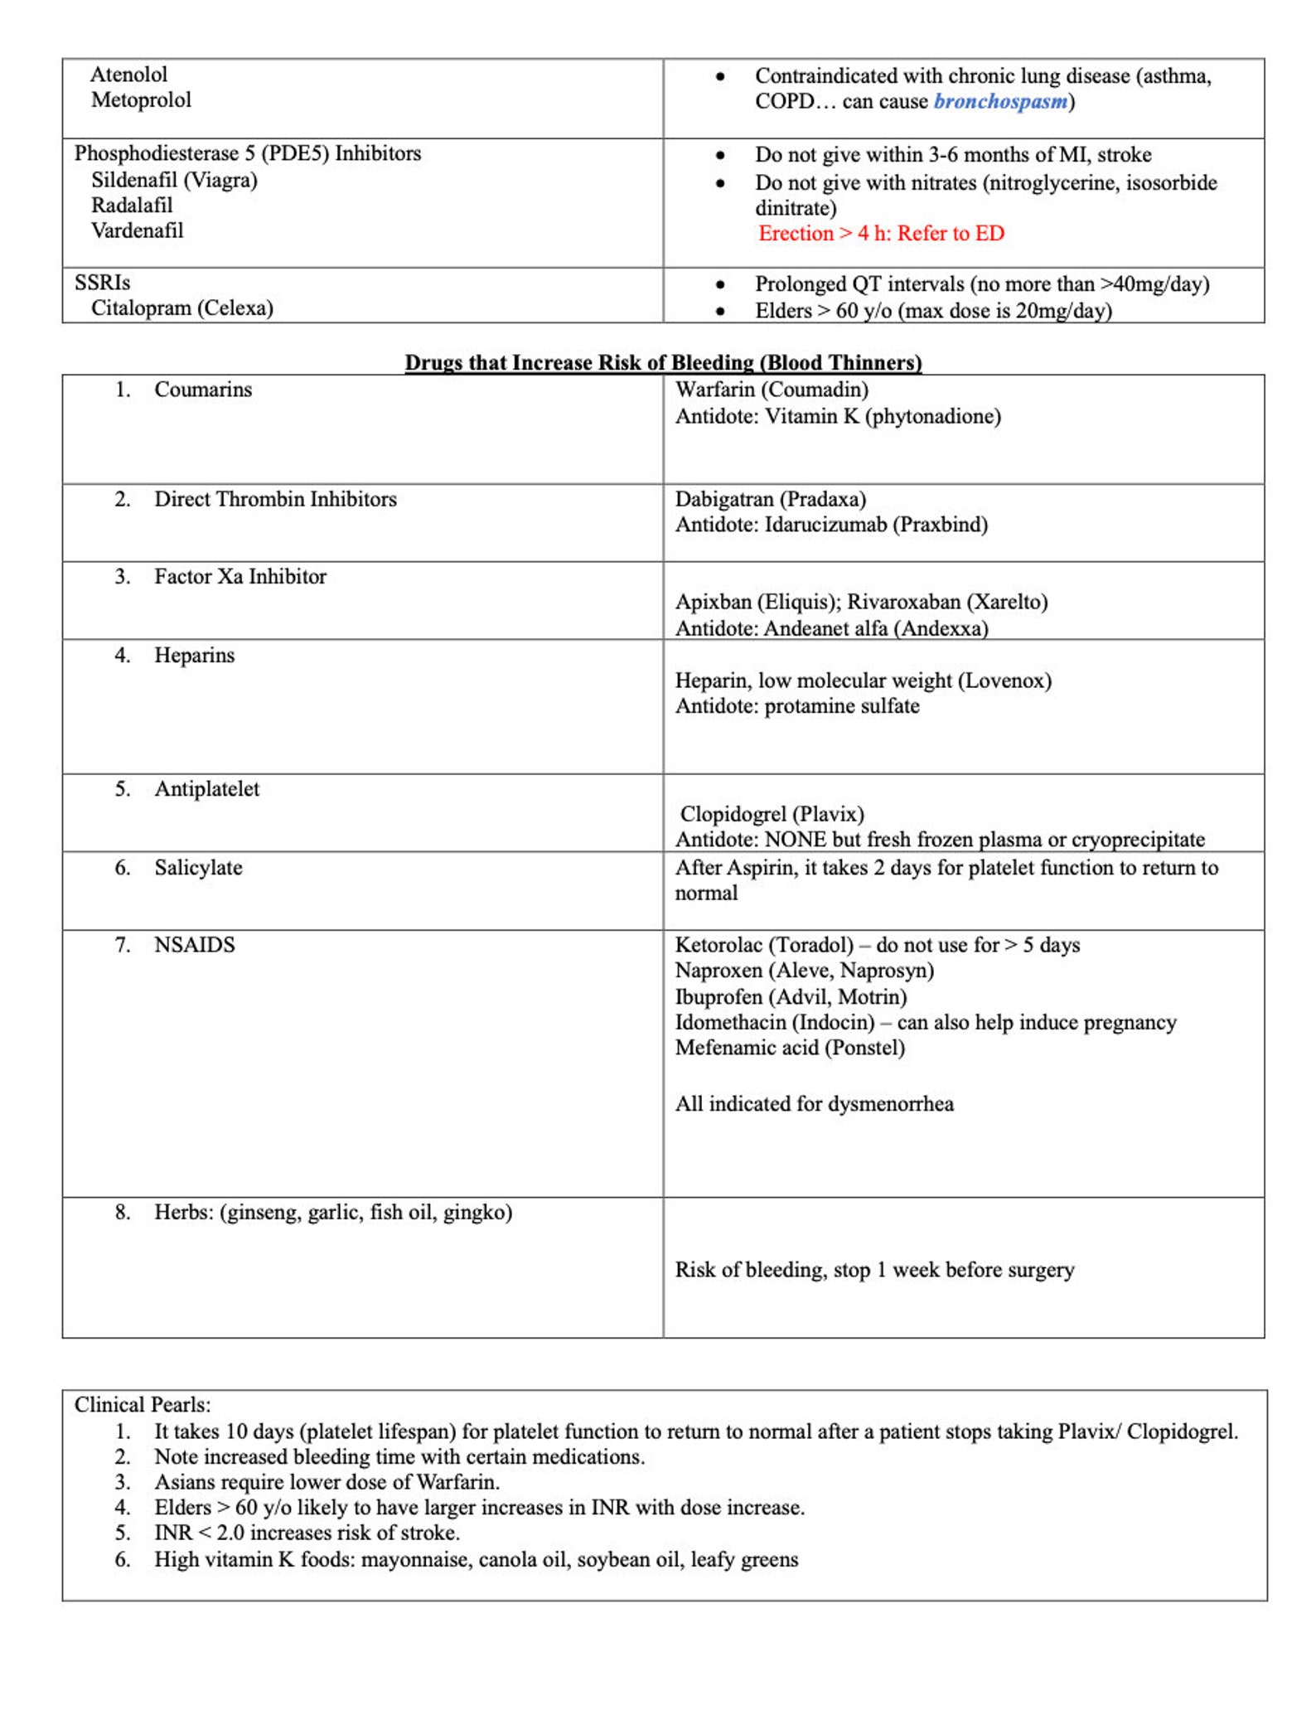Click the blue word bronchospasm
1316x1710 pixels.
coord(1000,101)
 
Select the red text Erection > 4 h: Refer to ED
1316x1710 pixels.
coord(881,233)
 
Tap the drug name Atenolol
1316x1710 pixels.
coord(128,75)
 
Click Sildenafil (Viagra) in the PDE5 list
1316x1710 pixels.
coord(174,179)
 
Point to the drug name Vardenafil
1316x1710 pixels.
coord(137,230)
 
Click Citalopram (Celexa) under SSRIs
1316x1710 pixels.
coord(181,308)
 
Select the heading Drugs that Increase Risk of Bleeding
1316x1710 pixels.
coord(663,362)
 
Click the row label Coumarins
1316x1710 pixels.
coord(203,390)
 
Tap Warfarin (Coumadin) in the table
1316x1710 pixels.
coord(772,390)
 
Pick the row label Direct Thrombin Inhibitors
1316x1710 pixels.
coord(275,499)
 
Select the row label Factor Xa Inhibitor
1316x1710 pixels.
coord(240,576)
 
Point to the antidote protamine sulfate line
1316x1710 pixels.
coord(797,706)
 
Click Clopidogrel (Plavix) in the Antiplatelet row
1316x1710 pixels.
coord(772,814)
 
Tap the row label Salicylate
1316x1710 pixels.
coord(198,868)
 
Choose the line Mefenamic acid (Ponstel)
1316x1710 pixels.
coord(790,1048)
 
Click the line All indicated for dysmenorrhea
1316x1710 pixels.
coord(814,1104)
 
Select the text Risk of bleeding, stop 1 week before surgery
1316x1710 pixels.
coord(874,1270)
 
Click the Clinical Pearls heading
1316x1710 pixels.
coord(143,1405)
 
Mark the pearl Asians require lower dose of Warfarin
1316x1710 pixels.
coord(327,1482)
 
